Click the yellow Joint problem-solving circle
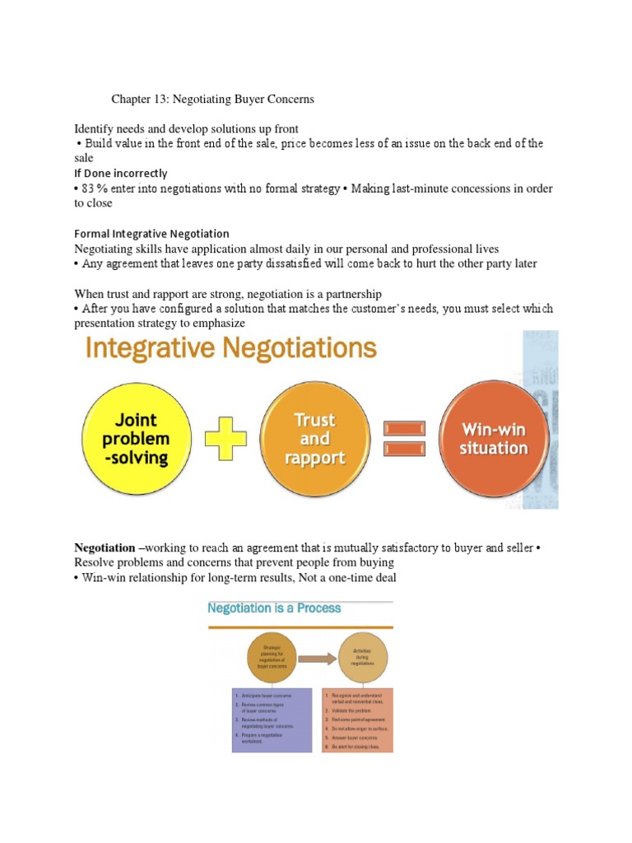(x=136, y=440)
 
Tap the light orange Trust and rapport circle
(x=314, y=440)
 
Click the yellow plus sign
(x=225, y=440)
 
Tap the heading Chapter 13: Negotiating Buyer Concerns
(x=213, y=99)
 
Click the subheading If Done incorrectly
(x=121, y=174)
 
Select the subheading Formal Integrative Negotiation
(x=152, y=234)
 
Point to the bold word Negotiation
(x=105, y=547)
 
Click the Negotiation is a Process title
(x=274, y=609)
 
